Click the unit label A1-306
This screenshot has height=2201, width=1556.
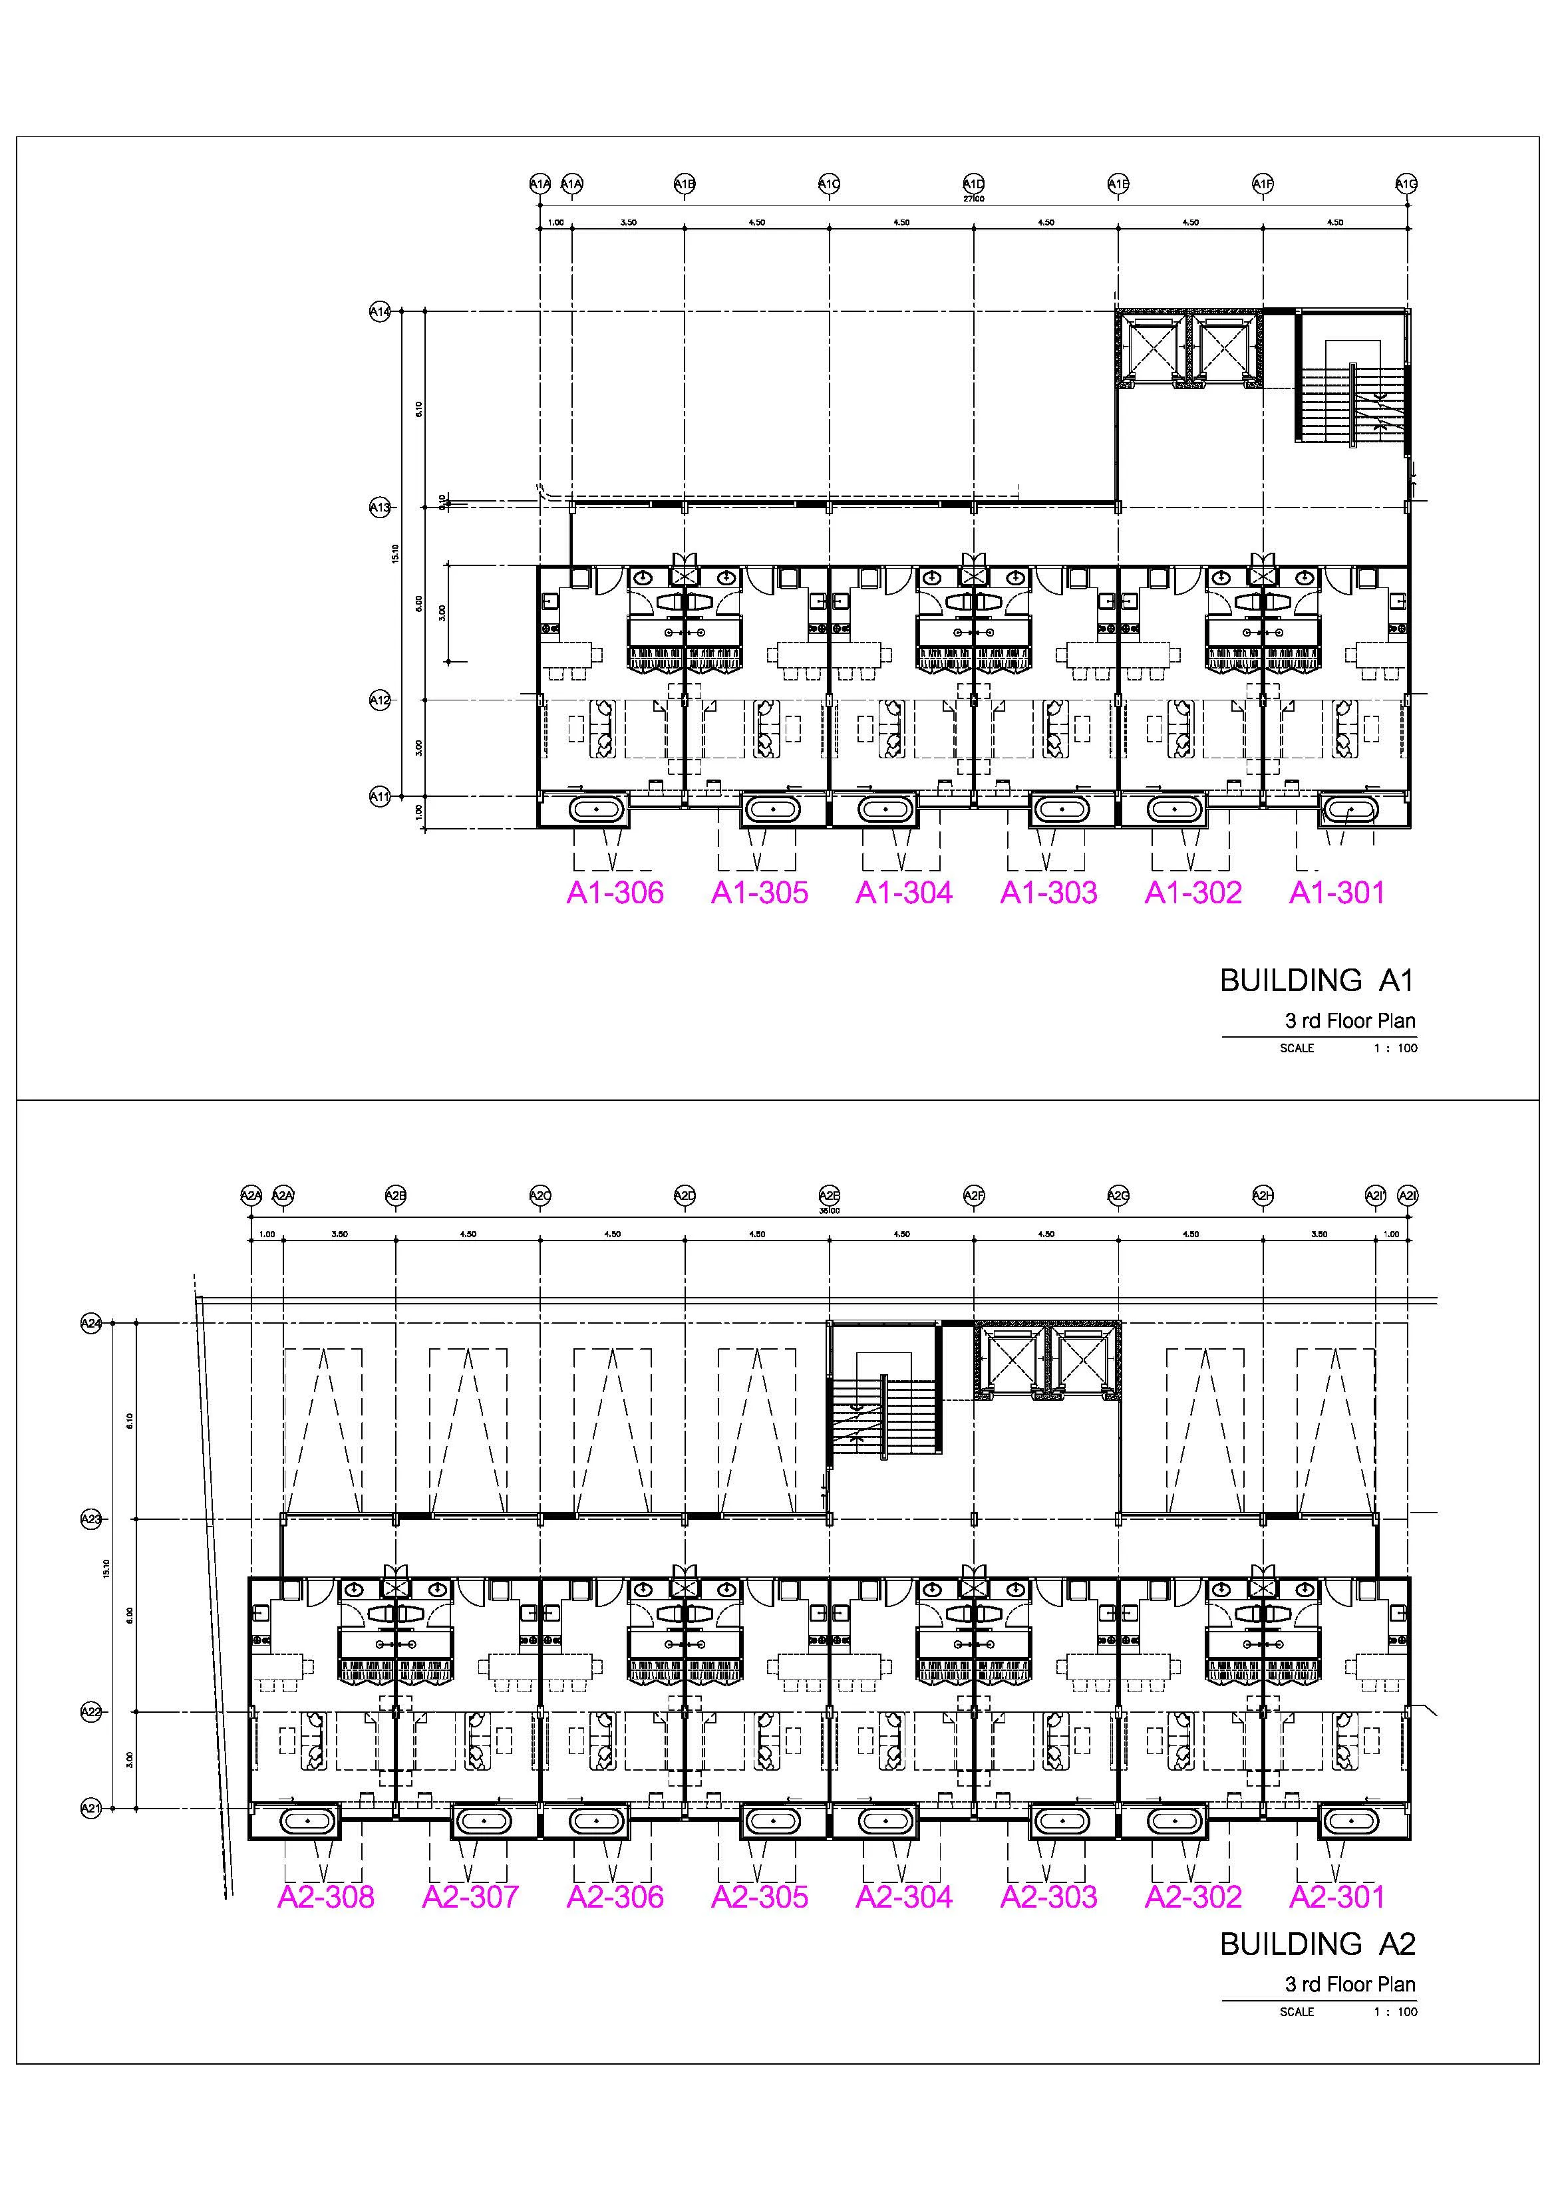coord(615,893)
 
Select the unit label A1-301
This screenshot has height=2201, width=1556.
coord(1336,893)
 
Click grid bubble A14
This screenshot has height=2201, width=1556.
coord(380,311)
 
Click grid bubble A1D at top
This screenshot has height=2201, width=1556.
coord(973,183)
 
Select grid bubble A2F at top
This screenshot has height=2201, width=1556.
coord(973,1195)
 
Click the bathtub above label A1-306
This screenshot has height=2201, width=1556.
coord(596,810)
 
